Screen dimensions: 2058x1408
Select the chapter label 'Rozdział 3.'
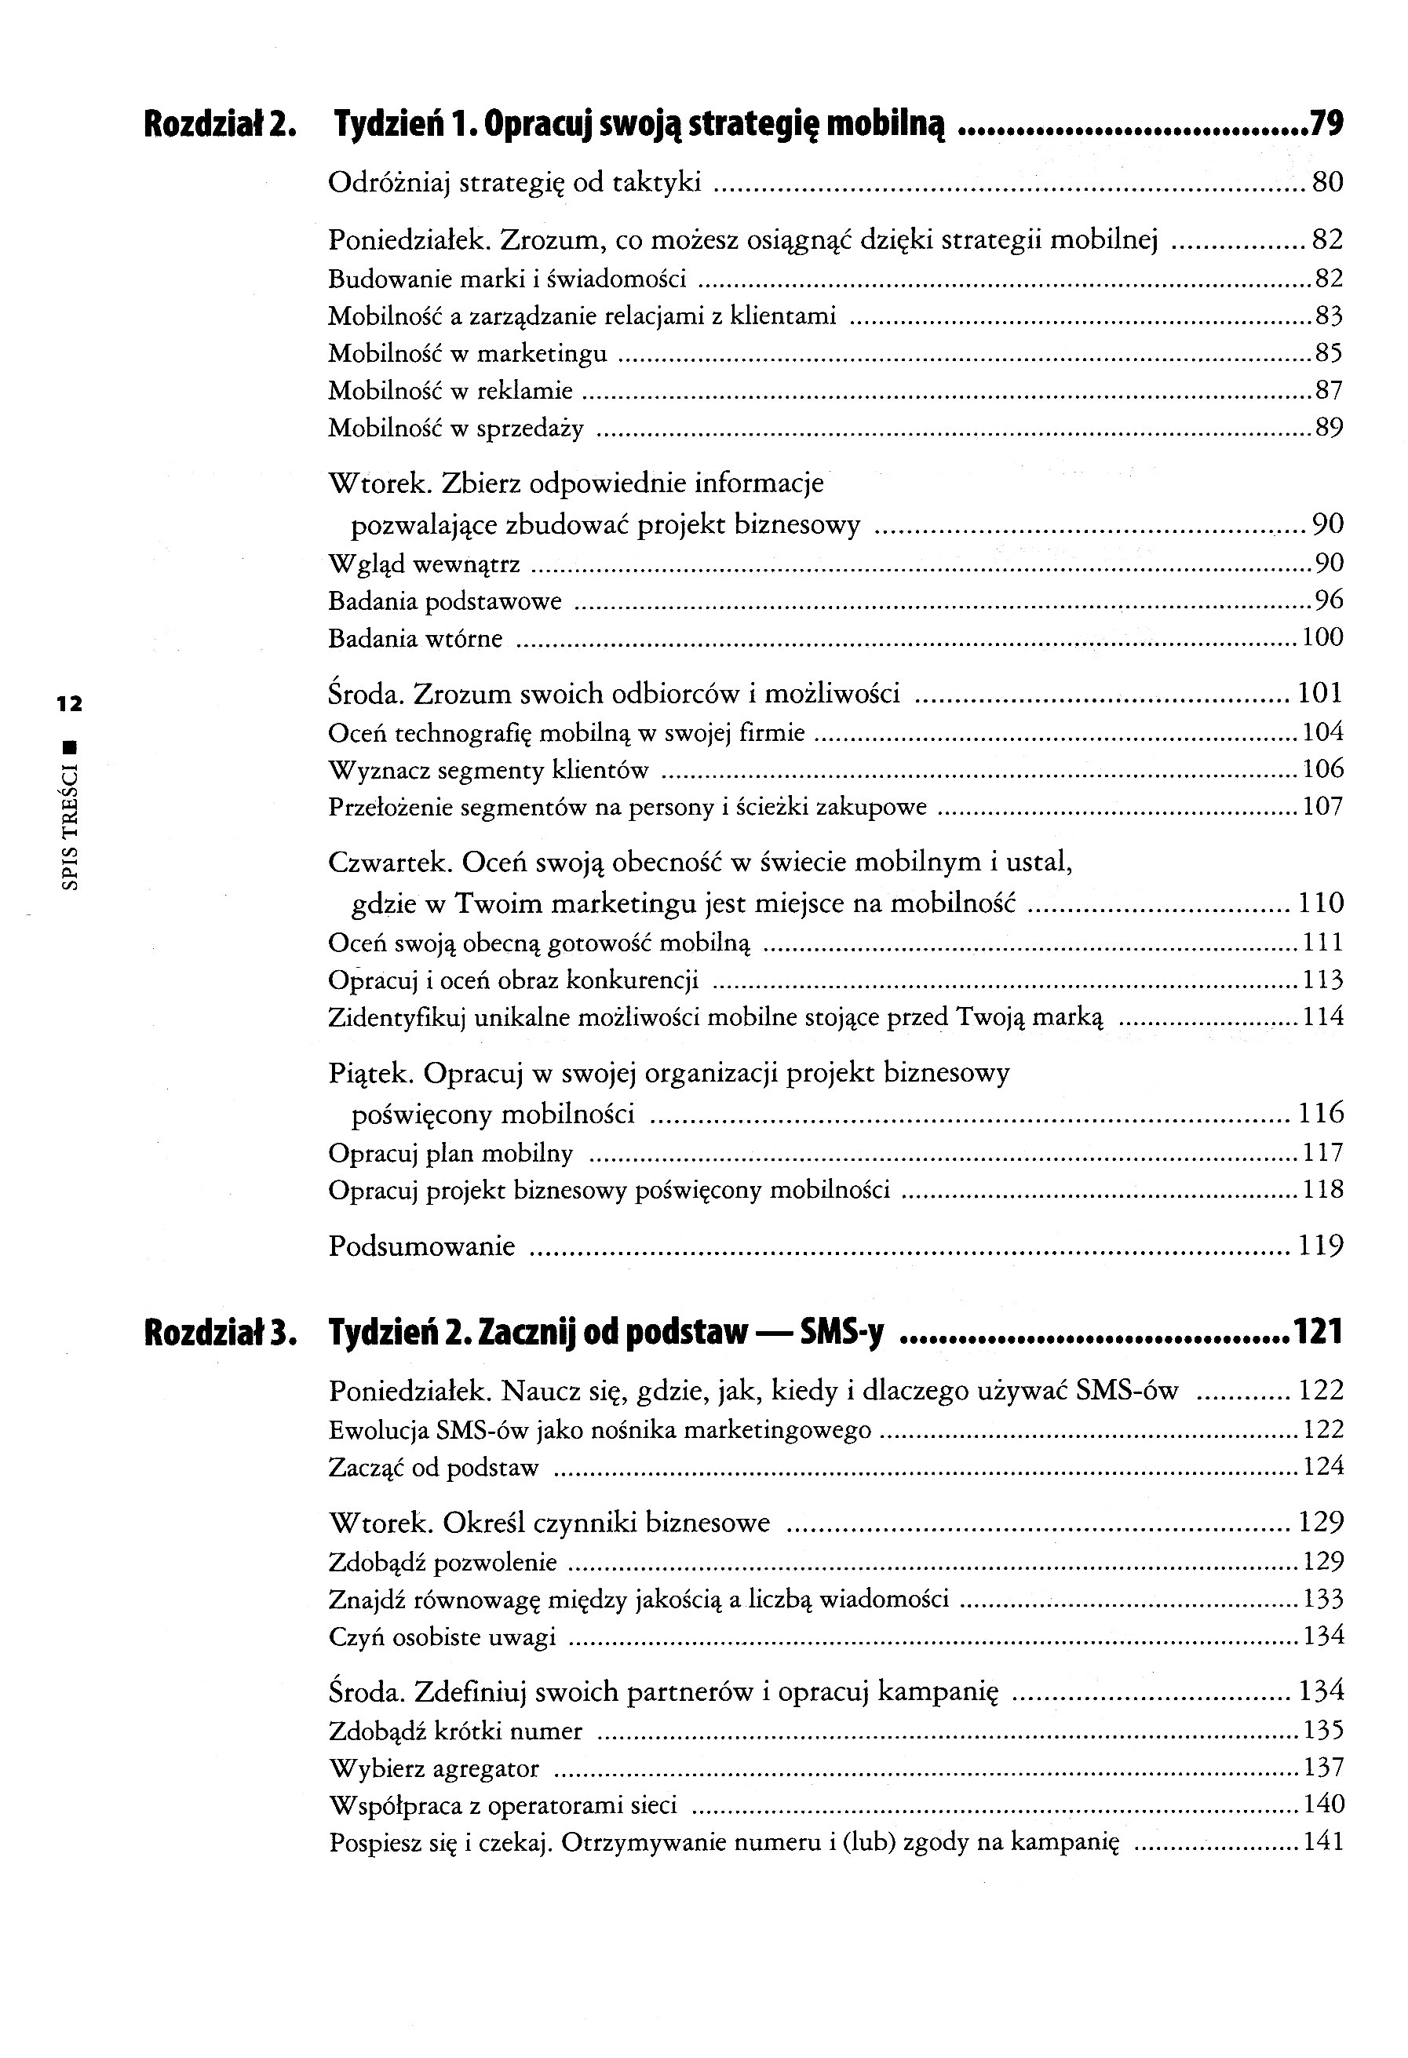click(220, 1332)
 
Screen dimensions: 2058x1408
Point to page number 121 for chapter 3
click(1319, 1332)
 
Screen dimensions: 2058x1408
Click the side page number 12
click(69, 705)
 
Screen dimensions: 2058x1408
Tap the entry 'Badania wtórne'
click(415, 638)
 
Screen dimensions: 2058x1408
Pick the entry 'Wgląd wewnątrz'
click(424, 564)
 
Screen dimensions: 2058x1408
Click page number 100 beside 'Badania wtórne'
click(1322, 637)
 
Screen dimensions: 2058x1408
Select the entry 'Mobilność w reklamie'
click(450, 391)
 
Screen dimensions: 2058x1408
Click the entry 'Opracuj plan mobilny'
click(450, 1154)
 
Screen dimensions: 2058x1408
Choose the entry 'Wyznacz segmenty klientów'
click(488, 771)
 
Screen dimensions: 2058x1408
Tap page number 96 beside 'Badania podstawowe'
click(1330, 600)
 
